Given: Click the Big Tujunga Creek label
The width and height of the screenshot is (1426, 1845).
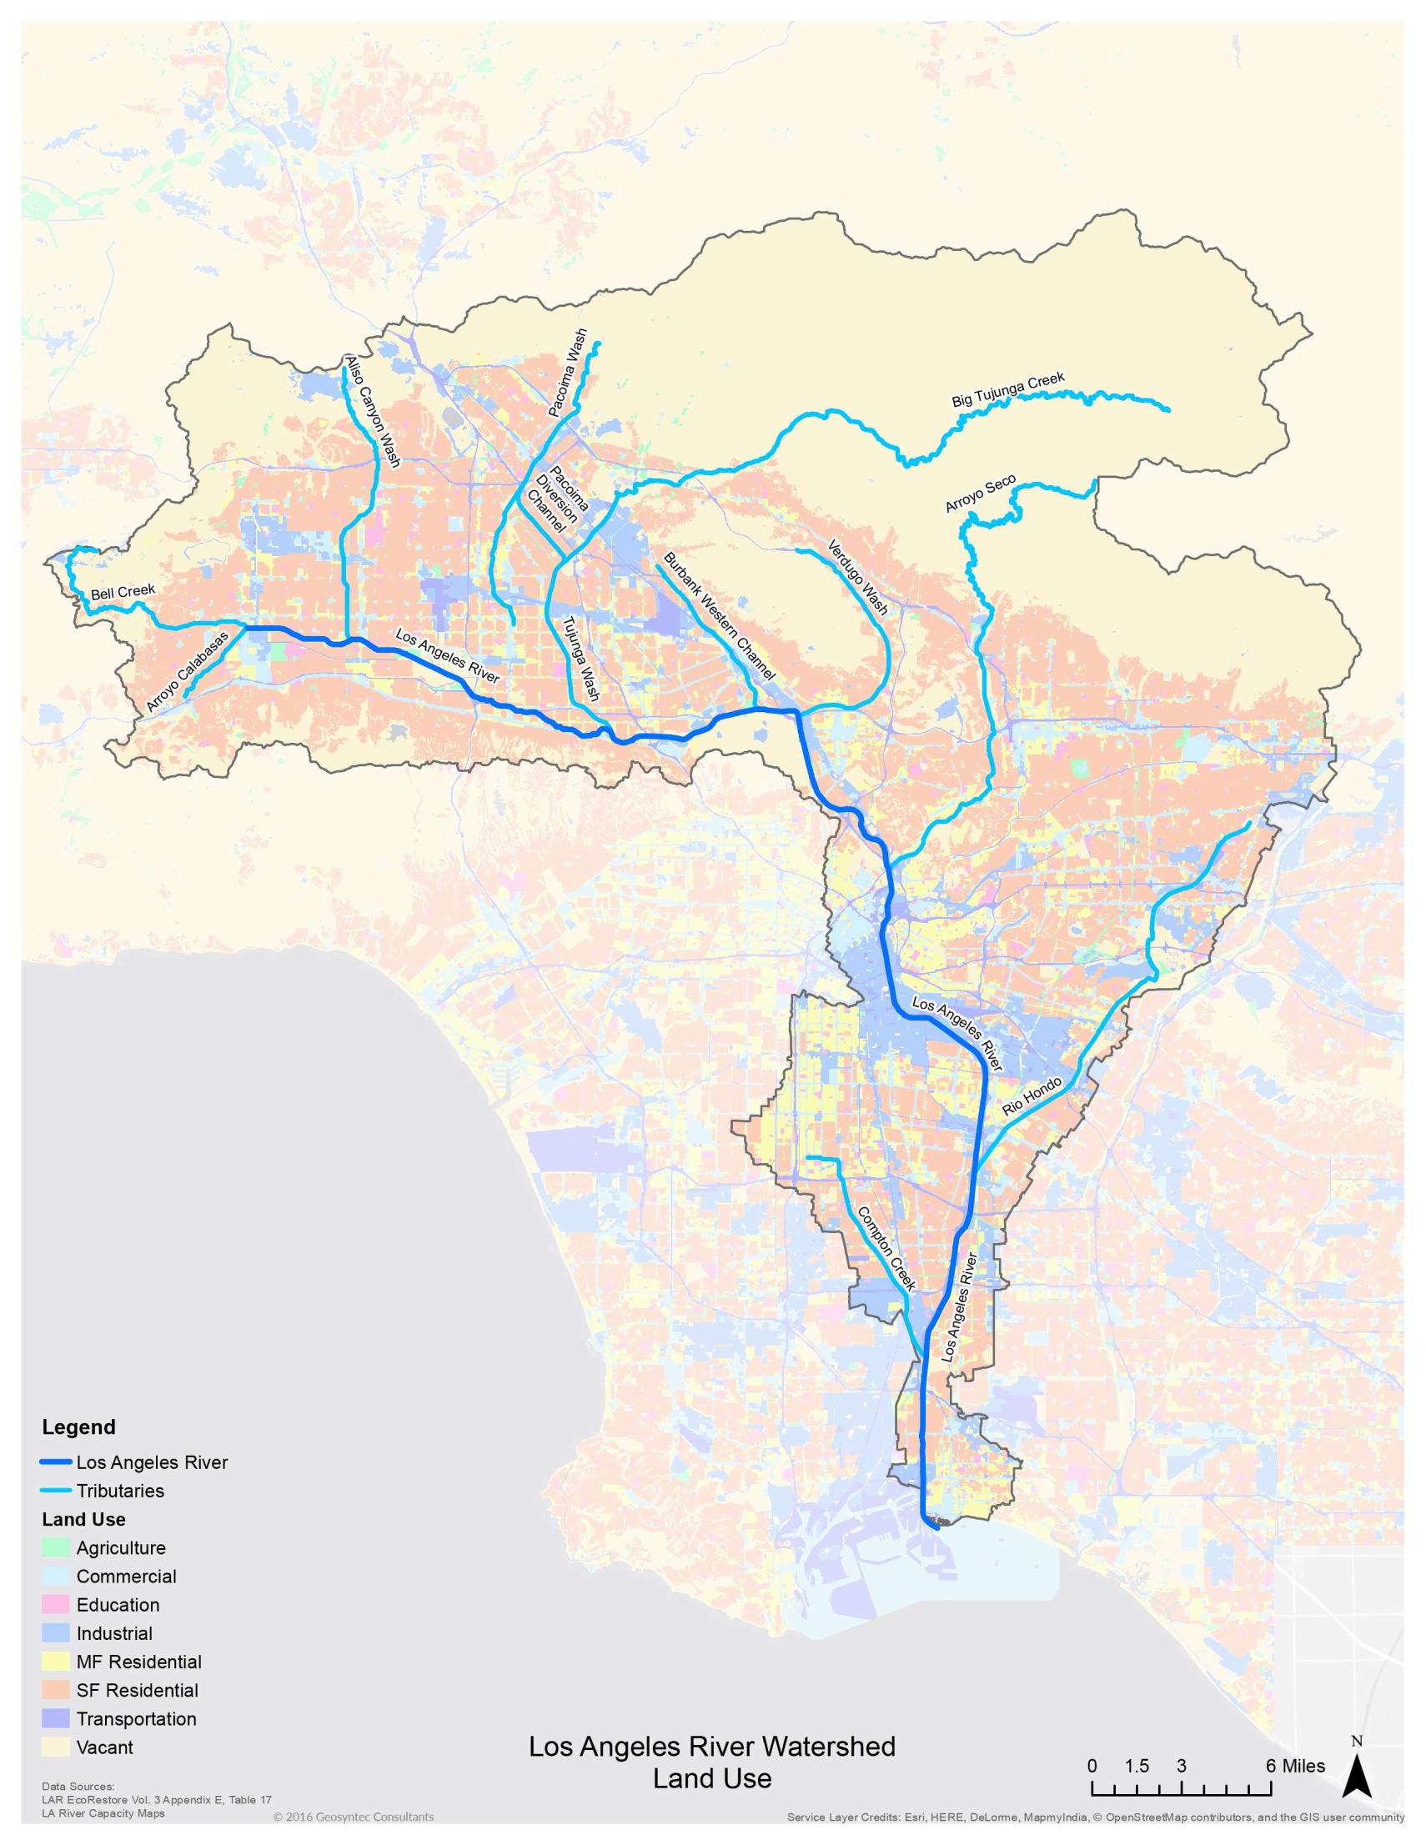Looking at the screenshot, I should [1008, 389].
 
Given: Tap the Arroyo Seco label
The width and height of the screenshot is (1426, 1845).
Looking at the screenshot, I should [980, 494].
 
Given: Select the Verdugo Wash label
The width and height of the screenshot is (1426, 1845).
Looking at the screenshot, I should [857, 577].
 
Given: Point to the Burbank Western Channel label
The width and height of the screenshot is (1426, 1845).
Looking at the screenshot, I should [719, 617].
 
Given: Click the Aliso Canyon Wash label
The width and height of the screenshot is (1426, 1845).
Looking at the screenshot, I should [373, 411].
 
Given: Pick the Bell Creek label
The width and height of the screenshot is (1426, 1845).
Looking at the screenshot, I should [123, 591].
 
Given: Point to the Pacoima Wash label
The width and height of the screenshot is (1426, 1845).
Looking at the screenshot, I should [567, 374].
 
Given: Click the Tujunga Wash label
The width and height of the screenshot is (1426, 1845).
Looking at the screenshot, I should [581, 659].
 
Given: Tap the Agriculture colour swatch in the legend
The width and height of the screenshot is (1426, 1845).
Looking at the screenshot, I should [56, 1547].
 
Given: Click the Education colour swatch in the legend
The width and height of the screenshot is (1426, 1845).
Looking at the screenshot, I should [56, 1605].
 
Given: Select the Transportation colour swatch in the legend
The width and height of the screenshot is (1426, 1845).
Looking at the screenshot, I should [56, 1719].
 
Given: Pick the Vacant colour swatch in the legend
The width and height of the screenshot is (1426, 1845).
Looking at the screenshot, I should [56, 1747].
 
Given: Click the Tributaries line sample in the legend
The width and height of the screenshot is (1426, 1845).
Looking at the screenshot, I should [56, 1490].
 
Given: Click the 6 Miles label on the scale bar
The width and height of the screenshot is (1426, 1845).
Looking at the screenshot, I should [1296, 1766].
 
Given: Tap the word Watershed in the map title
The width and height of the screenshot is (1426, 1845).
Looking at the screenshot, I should [827, 1746].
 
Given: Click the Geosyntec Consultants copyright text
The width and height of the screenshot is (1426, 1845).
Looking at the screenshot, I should [353, 1817].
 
